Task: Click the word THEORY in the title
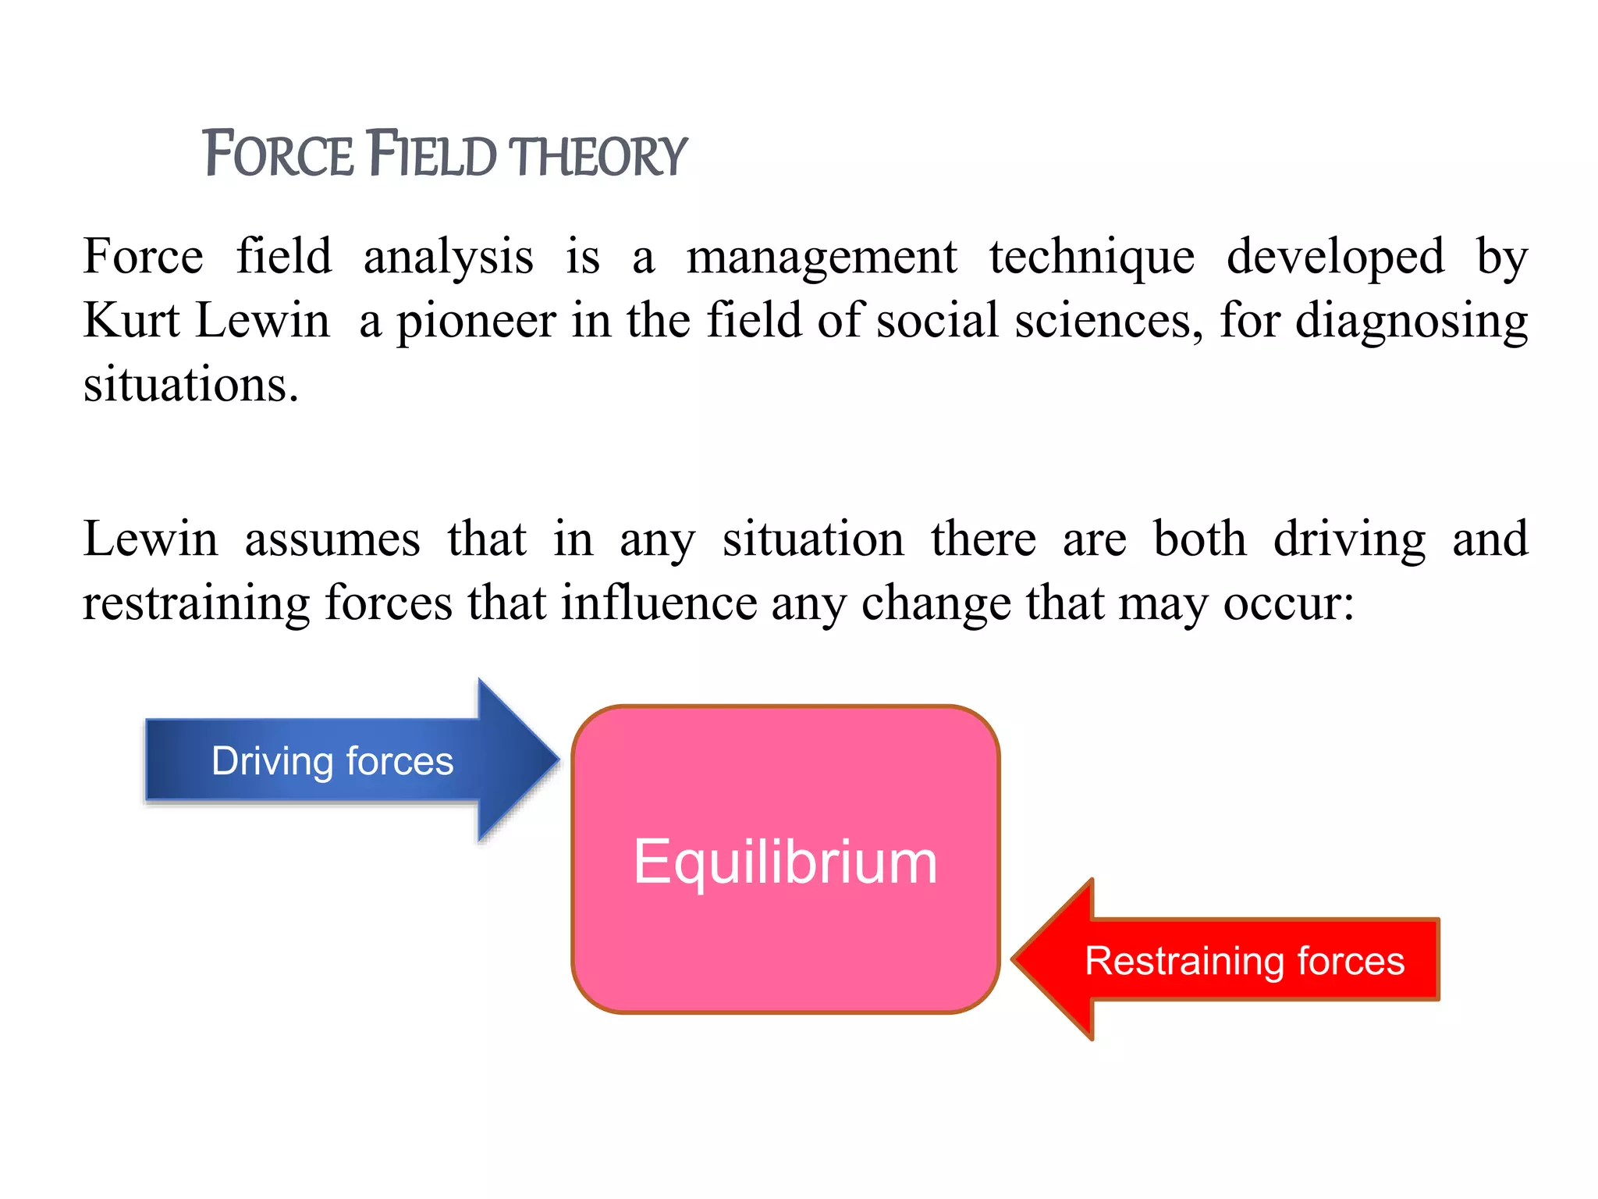point(600,156)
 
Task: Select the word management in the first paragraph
point(822,258)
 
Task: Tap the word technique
point(1092,258)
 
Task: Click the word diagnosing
point(1411,322)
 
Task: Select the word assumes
point(332,539)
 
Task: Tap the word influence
point(659,603)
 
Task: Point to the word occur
point(1287,604)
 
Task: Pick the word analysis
point(449,258)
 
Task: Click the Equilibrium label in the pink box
point(785,862)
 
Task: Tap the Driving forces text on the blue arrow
point(332,761)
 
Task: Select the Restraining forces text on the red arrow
point(1245,960)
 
